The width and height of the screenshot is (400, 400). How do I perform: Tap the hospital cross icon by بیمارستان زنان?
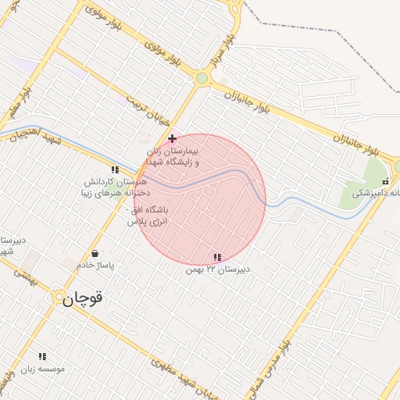(172, 138)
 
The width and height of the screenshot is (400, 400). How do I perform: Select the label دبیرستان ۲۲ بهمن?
(218, 270)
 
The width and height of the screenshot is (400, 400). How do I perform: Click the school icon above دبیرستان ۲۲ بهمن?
(217, 257)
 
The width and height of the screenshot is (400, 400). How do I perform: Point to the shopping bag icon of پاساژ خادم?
(95, 253)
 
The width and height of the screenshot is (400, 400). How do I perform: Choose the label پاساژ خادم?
(95, 266)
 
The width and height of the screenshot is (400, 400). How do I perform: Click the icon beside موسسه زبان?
(42, 356)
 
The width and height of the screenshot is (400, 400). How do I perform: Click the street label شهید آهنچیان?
(28, 136)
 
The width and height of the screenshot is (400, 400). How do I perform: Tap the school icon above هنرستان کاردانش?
(115, 169)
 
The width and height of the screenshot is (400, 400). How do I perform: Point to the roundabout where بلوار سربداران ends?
(202, 78)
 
